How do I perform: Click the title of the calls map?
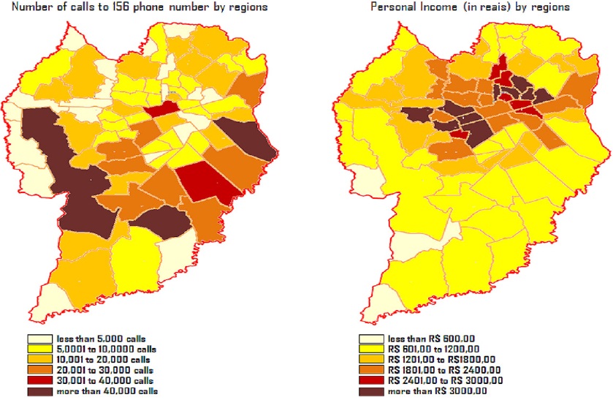tap(134, 7)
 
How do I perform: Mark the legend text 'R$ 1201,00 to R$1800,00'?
tap(442, 361)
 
